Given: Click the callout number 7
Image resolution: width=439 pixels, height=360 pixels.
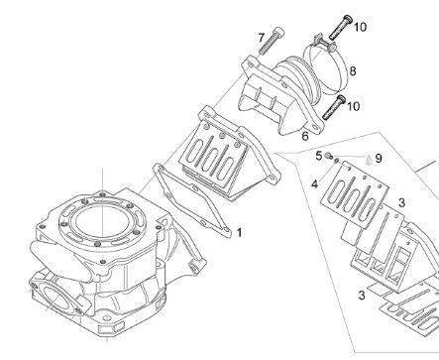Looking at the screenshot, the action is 262,38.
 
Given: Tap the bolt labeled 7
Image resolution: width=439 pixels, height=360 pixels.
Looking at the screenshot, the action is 272,41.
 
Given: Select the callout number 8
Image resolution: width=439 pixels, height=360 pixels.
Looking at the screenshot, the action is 353,70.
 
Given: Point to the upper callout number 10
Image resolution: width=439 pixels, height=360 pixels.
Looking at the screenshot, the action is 360,27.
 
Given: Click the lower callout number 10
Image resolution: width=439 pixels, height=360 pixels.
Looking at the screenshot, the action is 353,106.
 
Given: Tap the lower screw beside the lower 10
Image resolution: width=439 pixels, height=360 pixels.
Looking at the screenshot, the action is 334,107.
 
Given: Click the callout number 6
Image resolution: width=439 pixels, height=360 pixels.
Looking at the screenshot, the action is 305,136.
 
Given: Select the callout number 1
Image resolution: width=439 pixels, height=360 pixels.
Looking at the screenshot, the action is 239,232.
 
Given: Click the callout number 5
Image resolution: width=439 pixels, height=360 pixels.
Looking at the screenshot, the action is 318,156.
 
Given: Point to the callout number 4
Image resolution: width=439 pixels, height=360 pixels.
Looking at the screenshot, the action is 314,184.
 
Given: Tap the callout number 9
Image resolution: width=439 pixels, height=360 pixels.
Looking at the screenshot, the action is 379,159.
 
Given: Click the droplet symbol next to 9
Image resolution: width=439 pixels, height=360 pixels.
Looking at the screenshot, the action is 369,160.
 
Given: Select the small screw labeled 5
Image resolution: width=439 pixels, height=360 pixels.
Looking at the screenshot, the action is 328,156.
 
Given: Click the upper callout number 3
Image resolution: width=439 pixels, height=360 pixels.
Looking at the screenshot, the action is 401,202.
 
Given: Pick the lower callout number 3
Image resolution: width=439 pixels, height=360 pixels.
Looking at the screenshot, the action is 362,296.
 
